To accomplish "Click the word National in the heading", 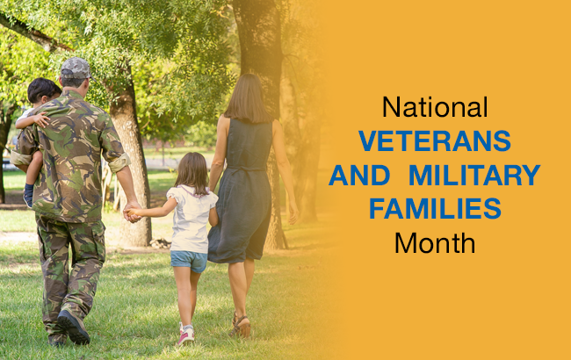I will pos(434,108).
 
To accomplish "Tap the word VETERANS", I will pos(434,140).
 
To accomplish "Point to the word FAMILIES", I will pos(434,209).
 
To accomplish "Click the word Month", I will pos(434,241).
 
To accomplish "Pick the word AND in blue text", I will pos(358,175).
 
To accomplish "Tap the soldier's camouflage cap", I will pos(76,68).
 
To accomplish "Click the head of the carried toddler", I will pos(42,90).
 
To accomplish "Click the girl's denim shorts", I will pos(189,261).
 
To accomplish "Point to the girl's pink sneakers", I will pos(185,335).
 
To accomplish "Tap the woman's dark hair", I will pos(248,98).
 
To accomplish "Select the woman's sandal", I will pos(242,326).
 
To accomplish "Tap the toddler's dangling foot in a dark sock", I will pos(29,194).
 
